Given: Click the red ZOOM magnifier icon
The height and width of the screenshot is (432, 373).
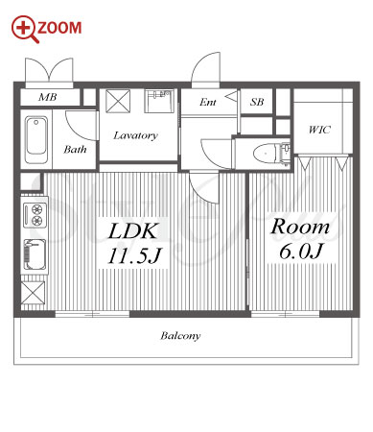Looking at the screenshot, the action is [x=25, y=29].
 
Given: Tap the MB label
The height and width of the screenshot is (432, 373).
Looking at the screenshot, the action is [x=48, y=97].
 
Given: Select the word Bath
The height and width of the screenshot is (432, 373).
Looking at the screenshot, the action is [x=75, y=149].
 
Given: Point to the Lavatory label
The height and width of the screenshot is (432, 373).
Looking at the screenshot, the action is [x=135, y=135].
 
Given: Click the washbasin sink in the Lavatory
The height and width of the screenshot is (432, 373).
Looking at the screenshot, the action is [x=159, y=101].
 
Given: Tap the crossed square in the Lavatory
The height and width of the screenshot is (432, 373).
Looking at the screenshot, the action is [x=118, y=101].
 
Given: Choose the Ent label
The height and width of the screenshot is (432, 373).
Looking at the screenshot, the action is [x=208, y=102].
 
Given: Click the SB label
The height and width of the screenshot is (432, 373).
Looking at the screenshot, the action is [x=257, y=102].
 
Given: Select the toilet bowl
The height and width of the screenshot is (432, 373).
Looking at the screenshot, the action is [x=265, y=155].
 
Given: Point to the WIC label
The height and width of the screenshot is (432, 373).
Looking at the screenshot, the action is [x=319, y=130].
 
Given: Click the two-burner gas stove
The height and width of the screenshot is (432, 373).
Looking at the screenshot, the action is [x=35, y=215].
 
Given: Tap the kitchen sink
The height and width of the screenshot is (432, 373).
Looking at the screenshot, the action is [x=35, y=255].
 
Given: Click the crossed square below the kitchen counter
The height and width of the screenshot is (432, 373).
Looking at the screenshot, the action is [x=33, y=292].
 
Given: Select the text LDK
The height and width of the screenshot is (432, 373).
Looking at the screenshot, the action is [x=133, y=231].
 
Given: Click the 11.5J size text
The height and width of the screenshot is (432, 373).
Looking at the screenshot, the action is [x=134, y=256].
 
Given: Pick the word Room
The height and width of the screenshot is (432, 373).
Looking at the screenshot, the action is [x=300, y=227].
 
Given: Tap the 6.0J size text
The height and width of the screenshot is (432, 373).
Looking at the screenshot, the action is [x=301, y=252].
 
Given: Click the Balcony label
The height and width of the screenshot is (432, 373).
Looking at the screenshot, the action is [x=180, y=336].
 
